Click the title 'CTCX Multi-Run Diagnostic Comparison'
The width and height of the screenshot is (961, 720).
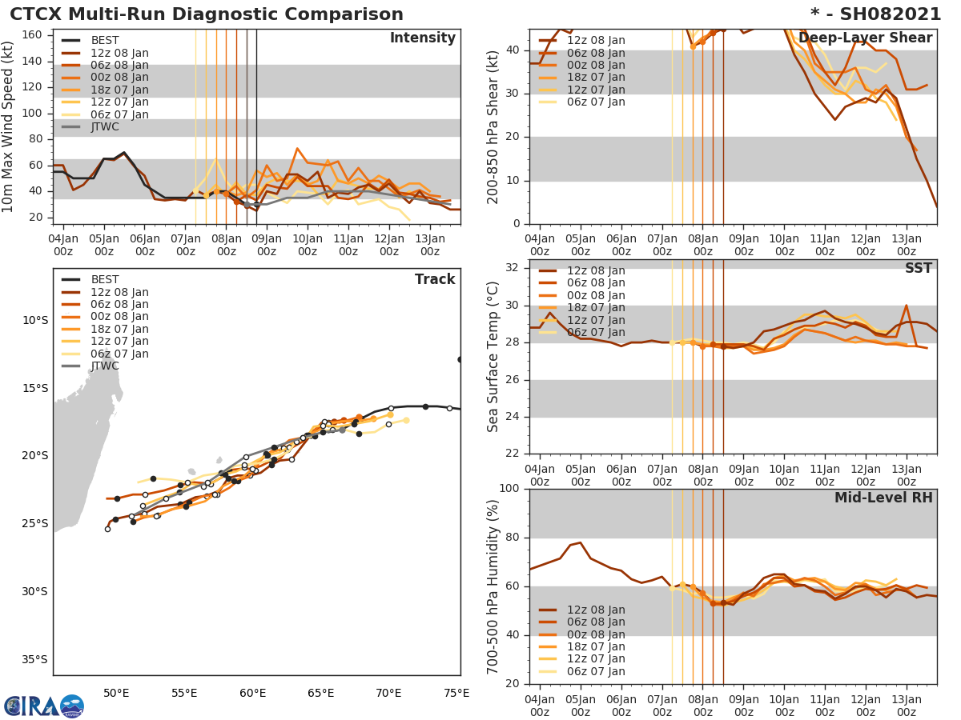point(207,14)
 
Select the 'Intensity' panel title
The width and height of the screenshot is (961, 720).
point(422,38)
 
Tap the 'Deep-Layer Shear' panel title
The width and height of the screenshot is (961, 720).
point(865,38)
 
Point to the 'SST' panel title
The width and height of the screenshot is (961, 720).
point(918,269)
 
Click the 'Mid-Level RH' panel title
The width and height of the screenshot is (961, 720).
point(883,498)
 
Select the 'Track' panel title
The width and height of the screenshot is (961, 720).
point(435,280)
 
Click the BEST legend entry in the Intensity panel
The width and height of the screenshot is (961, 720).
point(105,41)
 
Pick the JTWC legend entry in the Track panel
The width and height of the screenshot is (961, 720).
point(105,366)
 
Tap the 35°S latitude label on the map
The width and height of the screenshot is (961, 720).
point(34,660)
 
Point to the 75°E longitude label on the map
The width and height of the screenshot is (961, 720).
point(456,693)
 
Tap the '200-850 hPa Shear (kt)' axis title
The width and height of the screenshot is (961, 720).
point(493,126)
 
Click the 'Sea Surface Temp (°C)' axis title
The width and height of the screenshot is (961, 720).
point(493,357)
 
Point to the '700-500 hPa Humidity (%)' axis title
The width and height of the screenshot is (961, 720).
point(493,586)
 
